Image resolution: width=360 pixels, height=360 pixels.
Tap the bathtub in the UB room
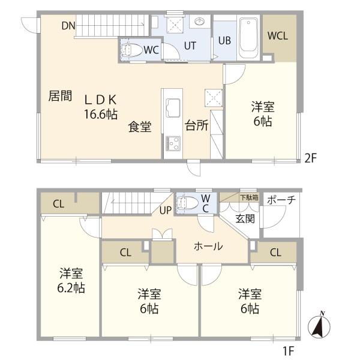coord(248,38)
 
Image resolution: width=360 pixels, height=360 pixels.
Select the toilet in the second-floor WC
coord(131,50)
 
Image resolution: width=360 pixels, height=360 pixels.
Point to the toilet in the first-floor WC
coord(188,203)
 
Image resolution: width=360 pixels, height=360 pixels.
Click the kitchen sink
coord(173,107)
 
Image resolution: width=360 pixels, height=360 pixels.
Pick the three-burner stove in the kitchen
coord(173,143)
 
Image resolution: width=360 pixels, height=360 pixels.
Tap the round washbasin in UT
coord(199,22)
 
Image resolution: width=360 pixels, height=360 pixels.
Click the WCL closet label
coord(278,36)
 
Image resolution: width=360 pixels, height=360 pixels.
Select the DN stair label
coord(68,26)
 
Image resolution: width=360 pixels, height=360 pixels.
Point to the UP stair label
coord(166,210)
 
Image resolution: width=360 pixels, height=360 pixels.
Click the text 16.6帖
coord(101,114)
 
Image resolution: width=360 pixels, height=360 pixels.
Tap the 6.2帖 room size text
coord(71,288)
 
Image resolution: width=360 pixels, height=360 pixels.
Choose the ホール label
coord(208,247)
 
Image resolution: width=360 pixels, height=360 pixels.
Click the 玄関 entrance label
coord(245,218)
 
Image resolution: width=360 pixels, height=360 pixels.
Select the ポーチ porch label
coord(281,200)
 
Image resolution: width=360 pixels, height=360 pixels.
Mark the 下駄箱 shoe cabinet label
coord(250,197)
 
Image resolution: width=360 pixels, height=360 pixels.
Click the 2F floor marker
coord(311,158)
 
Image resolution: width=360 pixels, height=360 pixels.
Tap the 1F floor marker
coord(289,350)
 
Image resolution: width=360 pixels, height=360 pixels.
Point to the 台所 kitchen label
coord(197,125)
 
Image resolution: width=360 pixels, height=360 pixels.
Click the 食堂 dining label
coord(140,127)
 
